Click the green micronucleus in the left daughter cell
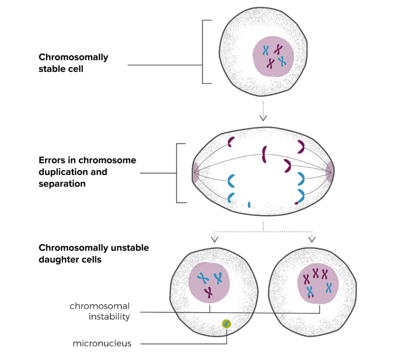point(226,324)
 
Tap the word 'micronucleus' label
point(102,343)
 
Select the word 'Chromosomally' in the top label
point(73,58)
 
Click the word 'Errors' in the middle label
point(52,160)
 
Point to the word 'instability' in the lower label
point(109,316)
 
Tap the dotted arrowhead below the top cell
point(263,118)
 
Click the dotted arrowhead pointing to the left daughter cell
point(215,239)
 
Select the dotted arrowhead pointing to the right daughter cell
point(312,239)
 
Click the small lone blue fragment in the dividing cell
point(249,204)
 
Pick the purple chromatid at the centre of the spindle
point(264,154)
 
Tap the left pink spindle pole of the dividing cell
point(195,172)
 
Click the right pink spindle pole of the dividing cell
point(330,172)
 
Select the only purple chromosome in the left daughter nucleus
point(208,293)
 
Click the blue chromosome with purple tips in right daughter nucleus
point(310,292)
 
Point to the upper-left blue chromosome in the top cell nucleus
point(265,51)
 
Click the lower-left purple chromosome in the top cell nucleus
point(270,63)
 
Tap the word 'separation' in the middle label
point(62,184)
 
